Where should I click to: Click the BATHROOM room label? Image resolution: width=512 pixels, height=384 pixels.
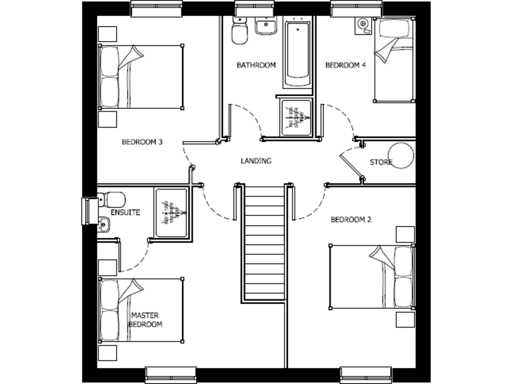[x=256, y=65]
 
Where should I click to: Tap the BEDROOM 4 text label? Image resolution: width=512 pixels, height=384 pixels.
[x=345, y=65]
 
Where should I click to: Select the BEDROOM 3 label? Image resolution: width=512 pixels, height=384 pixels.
[x=142, y=141]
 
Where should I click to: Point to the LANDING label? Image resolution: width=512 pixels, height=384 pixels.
[x=256, y=161]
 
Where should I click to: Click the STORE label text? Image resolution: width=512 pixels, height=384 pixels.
[x=381, y=163]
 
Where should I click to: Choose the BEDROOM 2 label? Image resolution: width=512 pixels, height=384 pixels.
[x=351, y=219]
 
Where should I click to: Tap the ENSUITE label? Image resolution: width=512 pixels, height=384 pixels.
[x=125, y=213]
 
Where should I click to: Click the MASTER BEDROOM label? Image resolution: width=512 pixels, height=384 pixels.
[x=146, y=319]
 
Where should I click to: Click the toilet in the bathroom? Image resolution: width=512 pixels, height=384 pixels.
[x=239, y=29]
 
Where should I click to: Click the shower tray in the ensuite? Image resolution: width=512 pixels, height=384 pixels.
[x=171, y=213]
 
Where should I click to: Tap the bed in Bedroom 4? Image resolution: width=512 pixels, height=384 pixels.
[x=393, y=61]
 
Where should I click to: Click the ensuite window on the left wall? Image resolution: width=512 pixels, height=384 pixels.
[x=85, y=212]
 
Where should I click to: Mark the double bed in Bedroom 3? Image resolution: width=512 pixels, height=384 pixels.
[x=141, y=77]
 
